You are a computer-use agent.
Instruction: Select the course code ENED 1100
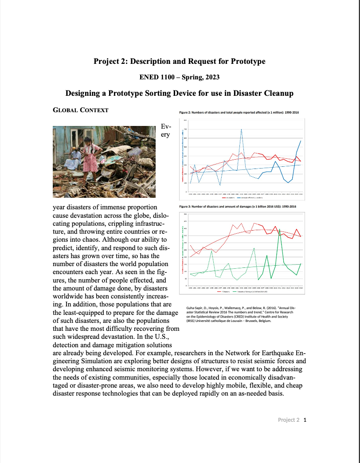click(155, 77)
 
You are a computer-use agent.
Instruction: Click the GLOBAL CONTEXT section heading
click(81, 110)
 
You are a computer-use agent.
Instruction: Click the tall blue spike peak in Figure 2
click(241, 129)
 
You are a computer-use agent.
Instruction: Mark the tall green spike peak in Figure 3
click(279, 229)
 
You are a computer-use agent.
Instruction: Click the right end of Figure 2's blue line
click(301, 141)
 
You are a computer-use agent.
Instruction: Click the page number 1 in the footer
click(305, 420)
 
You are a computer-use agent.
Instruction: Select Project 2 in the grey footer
click(289, 420)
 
